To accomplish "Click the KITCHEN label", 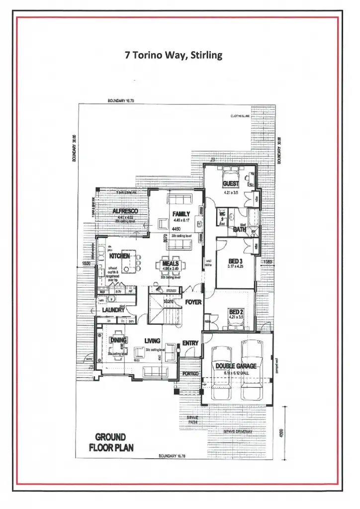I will point(119,256).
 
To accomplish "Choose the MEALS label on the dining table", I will point(171,263).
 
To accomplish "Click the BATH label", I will point(239,230).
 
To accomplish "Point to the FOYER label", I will point(193,302).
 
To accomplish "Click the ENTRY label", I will point(190,343).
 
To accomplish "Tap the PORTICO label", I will point(190,373).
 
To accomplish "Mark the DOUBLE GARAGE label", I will point(236,366).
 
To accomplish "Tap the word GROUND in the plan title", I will point(110,437).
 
